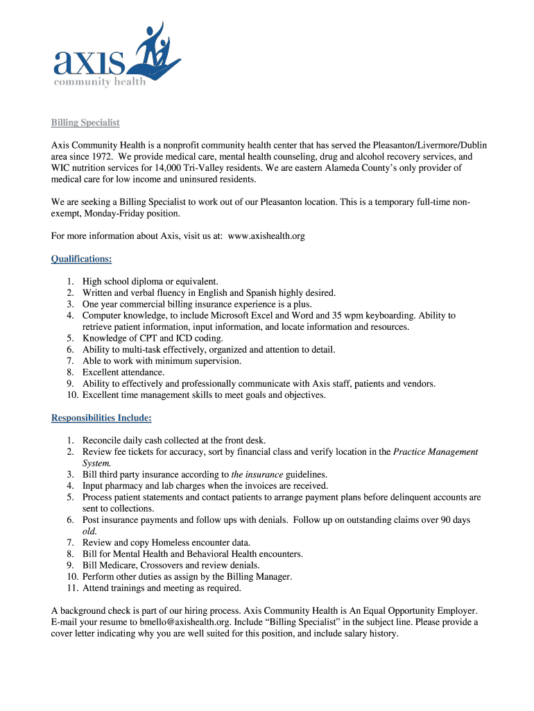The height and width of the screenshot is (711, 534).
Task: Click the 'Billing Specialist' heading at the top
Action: [85, 122]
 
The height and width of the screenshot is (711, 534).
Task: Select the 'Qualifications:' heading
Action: [81, 259]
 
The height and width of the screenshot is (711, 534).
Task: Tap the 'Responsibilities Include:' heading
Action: [101, 418]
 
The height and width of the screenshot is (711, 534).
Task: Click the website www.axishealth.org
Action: [266, 236]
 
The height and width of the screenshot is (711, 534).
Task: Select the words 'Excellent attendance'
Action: [123, 372]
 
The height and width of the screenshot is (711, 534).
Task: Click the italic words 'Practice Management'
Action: [436, 451]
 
